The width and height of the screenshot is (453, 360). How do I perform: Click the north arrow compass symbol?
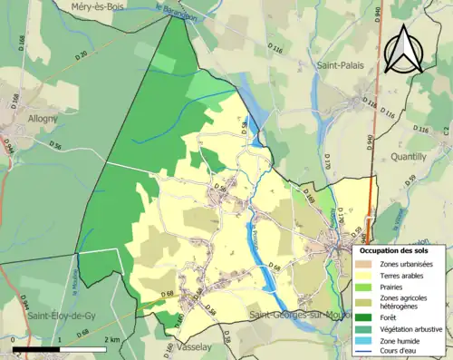tap(406, 48)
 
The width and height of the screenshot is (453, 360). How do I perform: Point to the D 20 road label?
tap(82, 56)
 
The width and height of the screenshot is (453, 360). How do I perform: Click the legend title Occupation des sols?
tap(395, 249)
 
